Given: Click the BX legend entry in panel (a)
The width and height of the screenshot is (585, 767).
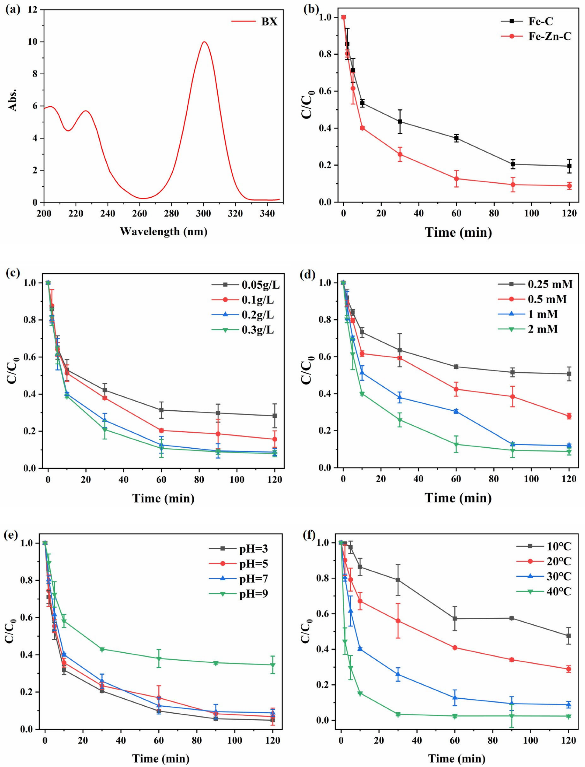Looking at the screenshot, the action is [254, 22].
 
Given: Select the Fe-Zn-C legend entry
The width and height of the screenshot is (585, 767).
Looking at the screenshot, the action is [537, 36].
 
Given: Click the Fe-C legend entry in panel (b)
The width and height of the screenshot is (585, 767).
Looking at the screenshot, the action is [527, 21].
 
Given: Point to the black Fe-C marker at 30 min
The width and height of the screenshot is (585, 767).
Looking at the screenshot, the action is [400, 122].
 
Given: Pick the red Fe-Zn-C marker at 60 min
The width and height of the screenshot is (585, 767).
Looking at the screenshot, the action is [456, 179].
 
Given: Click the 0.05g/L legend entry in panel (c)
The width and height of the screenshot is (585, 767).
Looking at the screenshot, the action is [246, 285].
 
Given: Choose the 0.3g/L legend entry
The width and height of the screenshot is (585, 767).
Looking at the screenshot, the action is [243, 329].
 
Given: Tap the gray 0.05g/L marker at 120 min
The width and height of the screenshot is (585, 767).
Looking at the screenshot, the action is [275, 416].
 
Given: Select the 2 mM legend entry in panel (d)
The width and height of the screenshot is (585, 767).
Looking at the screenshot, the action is [528, 329].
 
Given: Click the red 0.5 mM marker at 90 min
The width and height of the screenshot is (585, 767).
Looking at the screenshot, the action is [513, 397].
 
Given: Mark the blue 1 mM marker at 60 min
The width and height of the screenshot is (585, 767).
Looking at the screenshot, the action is [456, 411].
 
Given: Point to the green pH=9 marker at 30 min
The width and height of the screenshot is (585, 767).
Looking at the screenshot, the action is [102, 650].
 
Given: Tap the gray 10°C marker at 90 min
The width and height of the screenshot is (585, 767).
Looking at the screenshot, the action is [512, 618].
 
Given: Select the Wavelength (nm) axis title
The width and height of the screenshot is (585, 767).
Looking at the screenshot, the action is [164, 231].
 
